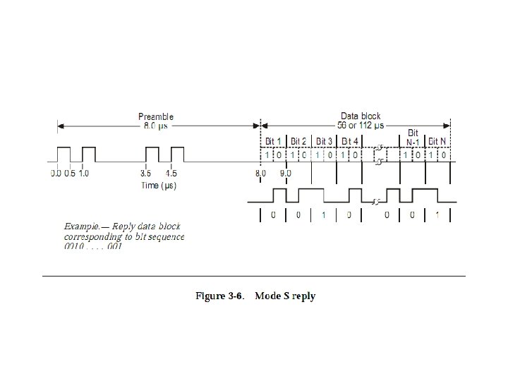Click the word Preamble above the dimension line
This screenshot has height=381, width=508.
tap(156, 116)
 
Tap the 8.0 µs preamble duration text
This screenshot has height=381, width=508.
tap(156, 126)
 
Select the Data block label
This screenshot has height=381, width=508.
tap(361, 116)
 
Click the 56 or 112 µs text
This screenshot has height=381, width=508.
tap(361, 125)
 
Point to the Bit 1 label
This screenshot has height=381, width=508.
tap(273, 141)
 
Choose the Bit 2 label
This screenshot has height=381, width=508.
tap(300, 141)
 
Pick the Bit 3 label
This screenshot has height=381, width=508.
tap(325, 141)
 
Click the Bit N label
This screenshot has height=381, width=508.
tap(437, 141)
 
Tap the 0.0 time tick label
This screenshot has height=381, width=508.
tap(56, 173)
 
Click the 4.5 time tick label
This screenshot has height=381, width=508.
tap(171, 173)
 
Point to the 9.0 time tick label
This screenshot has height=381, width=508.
tap(286, 173)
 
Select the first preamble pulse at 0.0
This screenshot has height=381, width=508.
tap(64, 155)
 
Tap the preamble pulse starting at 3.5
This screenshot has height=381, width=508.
tap(152, 155)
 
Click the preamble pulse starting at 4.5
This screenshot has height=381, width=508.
tap(177, 155)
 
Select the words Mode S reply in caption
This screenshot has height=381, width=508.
tap(285, 296)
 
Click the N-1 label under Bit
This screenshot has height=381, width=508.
tap(413, 141)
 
